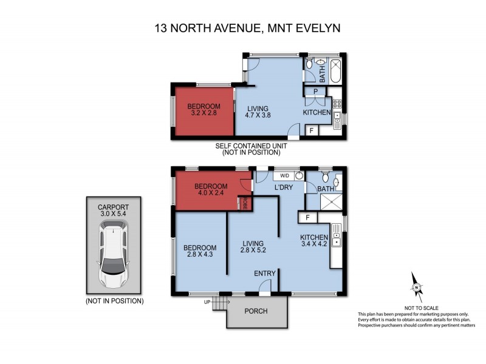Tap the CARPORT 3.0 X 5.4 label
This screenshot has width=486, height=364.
pos(114,209)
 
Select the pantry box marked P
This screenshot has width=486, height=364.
pos(316,92)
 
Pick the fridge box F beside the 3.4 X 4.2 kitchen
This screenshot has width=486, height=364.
pos(308,217)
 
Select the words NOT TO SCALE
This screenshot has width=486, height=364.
pos(417,308)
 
